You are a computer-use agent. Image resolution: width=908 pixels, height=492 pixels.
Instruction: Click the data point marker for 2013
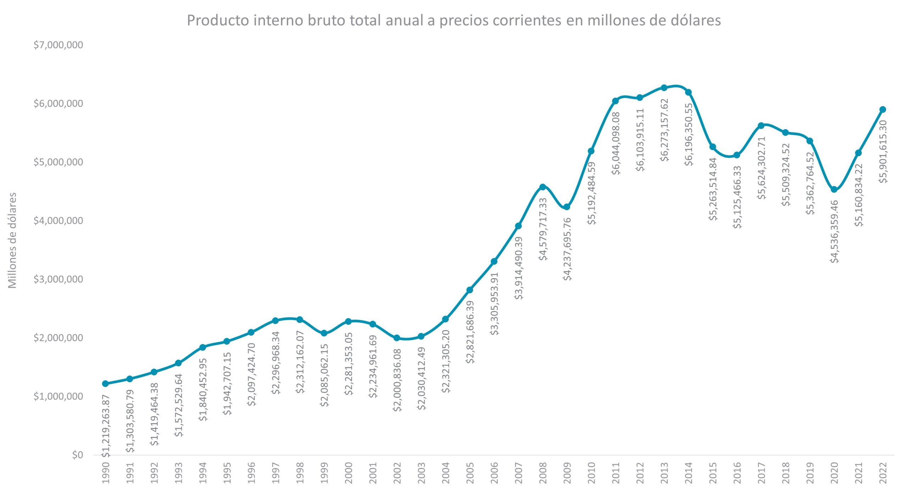pyautogui.click(x=664, y=88)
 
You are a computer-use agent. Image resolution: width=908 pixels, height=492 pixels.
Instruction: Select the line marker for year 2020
pyautogui.click(x=834, y=190)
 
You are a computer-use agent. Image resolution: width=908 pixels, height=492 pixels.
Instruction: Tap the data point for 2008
pyautogui.click(x=542, y=187)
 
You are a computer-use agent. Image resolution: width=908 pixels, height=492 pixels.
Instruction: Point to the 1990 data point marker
pyautogui.click(x=105, y=383)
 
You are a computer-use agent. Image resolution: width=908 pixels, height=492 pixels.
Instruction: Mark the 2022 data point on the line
pyautogui.click(x=883, y=109)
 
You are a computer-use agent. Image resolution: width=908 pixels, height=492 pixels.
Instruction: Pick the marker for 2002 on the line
pyautogui.click(x=397, y=338)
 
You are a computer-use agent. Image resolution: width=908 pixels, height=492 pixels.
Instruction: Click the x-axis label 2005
pyautogui.click(x=470, y=472)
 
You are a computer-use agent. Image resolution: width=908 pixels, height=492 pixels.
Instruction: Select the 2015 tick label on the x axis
pyautogui.click(x=713, y=472)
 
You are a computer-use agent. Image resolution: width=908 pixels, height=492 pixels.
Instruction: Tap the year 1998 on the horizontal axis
pyautogui.click(x=300, y=472)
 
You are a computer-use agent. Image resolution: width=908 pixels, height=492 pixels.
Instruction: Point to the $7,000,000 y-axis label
pyautogui.click(x=58, y=45)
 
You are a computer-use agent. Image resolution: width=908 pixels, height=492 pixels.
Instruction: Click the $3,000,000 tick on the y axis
pyautogui.click(x=58, y=279)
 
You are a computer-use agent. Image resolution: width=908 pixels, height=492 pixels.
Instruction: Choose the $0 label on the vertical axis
pyautogui.click(x=77, y=455)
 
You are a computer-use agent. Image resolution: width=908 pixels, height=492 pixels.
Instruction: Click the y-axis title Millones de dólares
pyautogui.click(x=12, y=240)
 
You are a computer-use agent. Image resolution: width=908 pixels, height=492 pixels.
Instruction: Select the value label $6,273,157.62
pyautogui.click(x=665, y=130)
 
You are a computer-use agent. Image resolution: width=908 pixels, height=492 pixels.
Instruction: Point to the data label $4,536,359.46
pyautogui.click(x=835, y=231)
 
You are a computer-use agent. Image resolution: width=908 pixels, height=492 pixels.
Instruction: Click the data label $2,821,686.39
pyautogui.click(x=470, y=332)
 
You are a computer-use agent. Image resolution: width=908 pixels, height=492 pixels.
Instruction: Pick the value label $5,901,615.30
pyautogui.click(x=883, y=152)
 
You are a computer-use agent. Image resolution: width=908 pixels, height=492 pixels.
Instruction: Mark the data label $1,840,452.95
pyautogui.click(x=203, y=389)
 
